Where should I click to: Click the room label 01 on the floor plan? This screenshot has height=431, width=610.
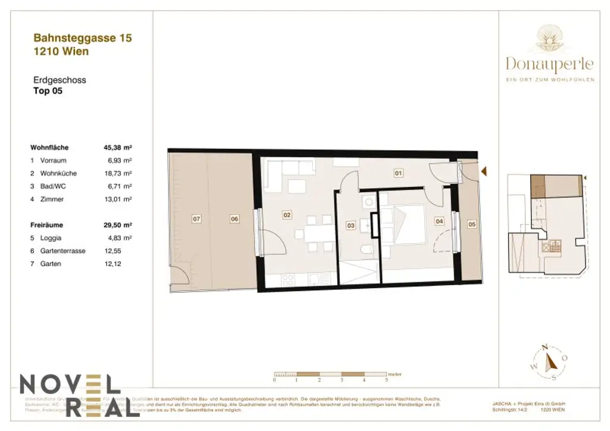point(399,173)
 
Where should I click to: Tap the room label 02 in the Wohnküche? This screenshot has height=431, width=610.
point(287,215)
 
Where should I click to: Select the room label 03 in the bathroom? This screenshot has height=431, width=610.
point(351,226)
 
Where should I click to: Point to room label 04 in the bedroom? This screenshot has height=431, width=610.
point(440,221)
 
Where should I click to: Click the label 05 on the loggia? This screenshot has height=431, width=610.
point(472,224)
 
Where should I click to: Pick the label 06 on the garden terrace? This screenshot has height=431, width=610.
point(234,219)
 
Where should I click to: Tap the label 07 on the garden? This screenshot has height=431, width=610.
point(197,219)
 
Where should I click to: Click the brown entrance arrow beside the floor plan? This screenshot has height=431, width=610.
point(484,171)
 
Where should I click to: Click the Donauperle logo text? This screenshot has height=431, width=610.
point(549,63)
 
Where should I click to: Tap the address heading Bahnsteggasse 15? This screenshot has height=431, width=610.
point(82,38)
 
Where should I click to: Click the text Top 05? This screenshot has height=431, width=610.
point(48,91)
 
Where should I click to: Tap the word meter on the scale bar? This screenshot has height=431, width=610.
point(394,374)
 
